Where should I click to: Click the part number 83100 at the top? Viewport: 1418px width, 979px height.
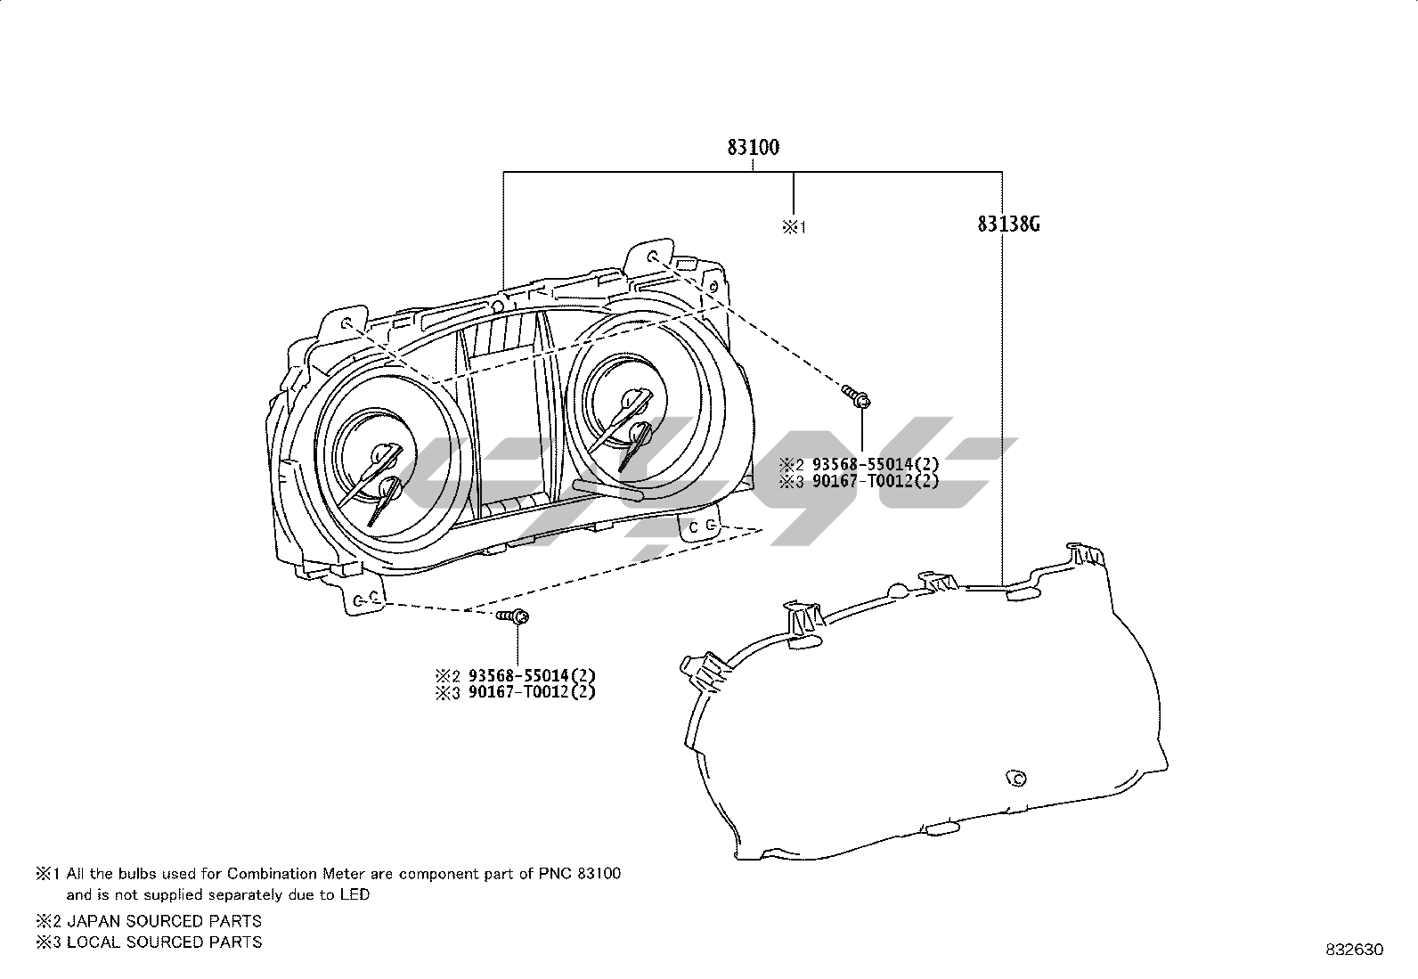click(x=753, y=147)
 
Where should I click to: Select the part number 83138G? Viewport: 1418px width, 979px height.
click(x=1008, y=224)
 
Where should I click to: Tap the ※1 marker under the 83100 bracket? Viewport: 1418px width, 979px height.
click(x=794, y=227)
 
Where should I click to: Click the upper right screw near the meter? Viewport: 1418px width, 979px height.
click(x=856, y=396)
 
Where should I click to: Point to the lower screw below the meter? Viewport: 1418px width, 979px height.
click(x=514, y=616)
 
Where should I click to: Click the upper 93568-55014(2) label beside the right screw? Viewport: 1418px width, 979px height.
click(x=876, y=464)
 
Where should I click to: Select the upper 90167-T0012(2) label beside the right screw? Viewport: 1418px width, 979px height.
click(x=876, y=482)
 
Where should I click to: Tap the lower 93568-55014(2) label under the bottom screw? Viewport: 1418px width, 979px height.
click(x=532, y=675)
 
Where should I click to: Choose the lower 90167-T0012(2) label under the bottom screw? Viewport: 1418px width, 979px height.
click(x=532, y=692)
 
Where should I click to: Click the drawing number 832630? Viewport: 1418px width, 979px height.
click(x=1353, y=950)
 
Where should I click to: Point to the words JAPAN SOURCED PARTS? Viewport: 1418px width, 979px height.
click(x=164, y=921)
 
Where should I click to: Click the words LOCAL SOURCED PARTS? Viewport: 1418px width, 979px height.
click(x=164, y=942)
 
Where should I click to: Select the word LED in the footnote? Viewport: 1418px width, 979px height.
click(x=354, y=894)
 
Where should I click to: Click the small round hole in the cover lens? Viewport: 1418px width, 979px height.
click(x=1014, y=778)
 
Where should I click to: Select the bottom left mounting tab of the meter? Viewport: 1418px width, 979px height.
click(x=365, y=600)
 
